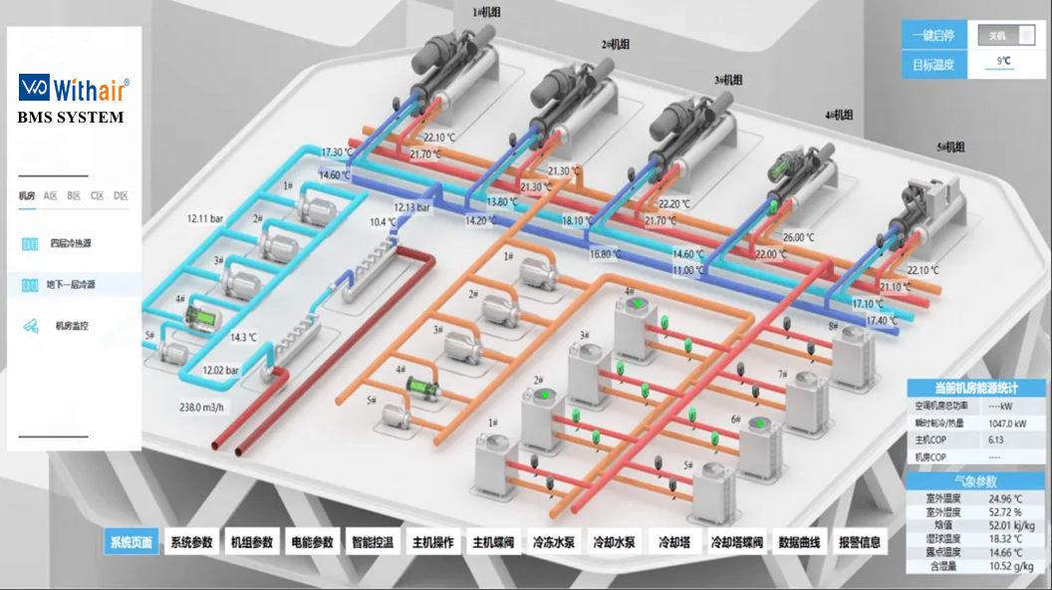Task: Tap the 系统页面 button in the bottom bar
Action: coord(131,542)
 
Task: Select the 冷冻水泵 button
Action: coord(553,542)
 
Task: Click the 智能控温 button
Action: coord(373,542)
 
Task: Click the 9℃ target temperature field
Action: coord(1004,63)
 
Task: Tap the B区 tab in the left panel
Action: coord(74,195)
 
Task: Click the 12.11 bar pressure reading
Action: coord(208,217)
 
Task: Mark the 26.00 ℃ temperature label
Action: coord(798,237)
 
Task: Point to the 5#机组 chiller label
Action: coord(949,147)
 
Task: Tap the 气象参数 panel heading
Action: coord(973,480)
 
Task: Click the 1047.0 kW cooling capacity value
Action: coord(1007,424)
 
